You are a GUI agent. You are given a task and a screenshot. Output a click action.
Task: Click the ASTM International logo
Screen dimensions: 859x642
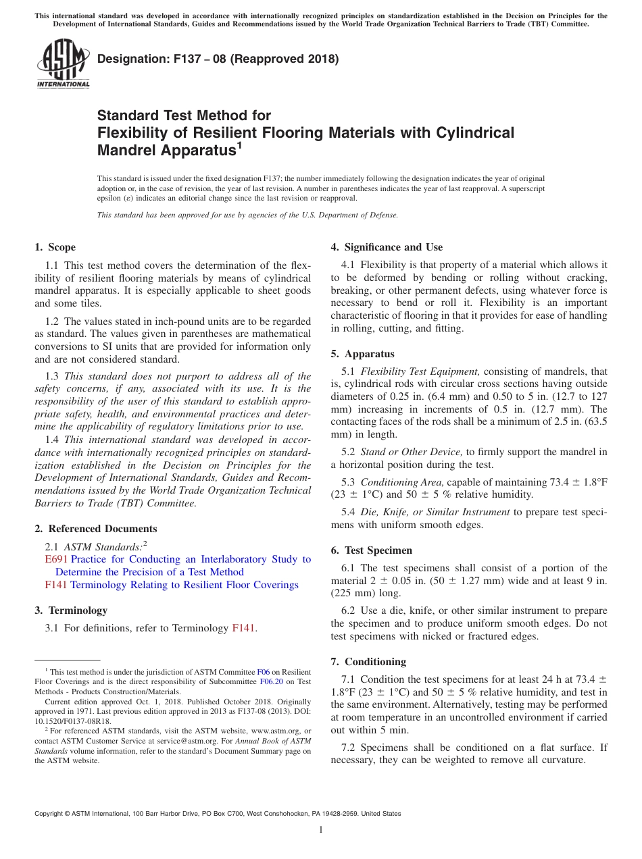point(63,63)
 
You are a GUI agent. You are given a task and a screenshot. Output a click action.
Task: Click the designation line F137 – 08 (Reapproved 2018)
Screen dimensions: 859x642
point(218,59)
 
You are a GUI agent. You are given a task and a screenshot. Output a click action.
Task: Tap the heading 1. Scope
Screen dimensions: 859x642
point(55,247)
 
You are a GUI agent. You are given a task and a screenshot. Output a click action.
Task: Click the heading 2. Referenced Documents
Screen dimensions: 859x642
point(96,529)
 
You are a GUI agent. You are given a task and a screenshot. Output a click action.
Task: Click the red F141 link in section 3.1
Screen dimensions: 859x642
point(243,628)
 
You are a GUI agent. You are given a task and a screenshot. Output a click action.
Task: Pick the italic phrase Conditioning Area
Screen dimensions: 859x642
point(402,482)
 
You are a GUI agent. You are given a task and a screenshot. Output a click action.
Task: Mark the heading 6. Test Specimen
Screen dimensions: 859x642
point(371,550)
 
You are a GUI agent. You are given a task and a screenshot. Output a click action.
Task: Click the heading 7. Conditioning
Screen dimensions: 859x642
point(368,661)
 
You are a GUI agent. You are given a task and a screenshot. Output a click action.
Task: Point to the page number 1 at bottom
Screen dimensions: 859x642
point(321,830)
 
